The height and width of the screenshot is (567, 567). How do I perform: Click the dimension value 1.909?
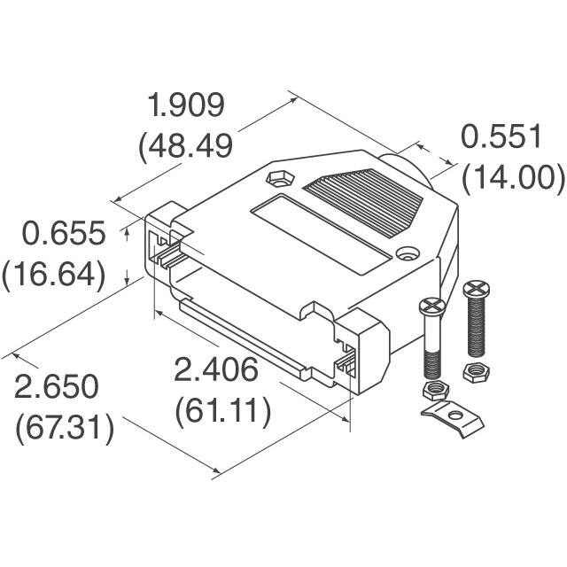pyautogui.click(x=187, y=106)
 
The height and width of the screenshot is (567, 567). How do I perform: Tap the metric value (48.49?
pyautogui.click(x=185, y=145)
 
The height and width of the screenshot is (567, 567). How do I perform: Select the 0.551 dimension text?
pyautogui.click(x=501, y=138)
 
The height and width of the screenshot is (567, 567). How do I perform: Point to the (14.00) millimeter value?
pyautogui.click(x=513, y=177)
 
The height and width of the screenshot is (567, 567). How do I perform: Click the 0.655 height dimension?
pyautogui.click(x=65, y=235)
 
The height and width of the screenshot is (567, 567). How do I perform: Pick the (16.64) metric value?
pyautogui.click(x=54, y=274)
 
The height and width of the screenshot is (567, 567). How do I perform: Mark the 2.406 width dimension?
pyautogui.click(x=216, y=371)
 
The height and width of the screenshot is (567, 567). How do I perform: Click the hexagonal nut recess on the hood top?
pyautogui.click(x=278, y=178)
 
